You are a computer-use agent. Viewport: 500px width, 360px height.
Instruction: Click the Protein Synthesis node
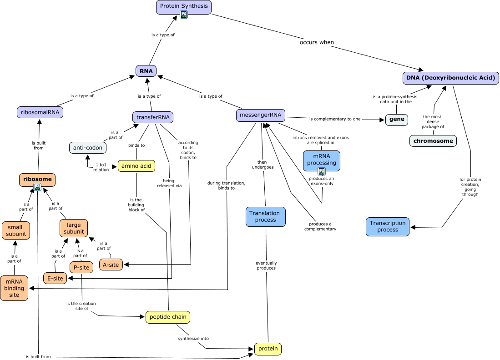pyautogui.click(x=184, y=6)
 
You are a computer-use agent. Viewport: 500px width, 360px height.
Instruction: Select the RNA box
pyautogui.click(x=146, y=71)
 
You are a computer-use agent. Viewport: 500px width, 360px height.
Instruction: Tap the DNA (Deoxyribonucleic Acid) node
pyautogui.click(x=451, y=78)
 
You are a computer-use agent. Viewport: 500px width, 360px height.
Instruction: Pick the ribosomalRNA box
pyautogui.click(x=40, y=112)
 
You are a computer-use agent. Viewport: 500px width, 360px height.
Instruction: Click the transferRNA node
pyautogui.click(x=153, y=117)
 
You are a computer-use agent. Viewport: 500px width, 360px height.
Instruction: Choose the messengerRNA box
pyautogui.click(x=261, y=115)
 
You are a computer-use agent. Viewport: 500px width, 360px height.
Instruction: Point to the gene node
pyautogui.click(x=397, y=120)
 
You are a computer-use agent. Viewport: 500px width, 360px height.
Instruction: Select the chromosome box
pyautogui.click(x=433, y=141)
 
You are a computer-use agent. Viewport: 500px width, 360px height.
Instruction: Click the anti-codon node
pyautogui.click(x=88, y=147)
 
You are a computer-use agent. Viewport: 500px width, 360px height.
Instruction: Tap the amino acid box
pyautogui.click(x=136, y=166)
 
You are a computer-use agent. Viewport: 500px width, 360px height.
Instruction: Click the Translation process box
pyautogui.click(x=266, y=217)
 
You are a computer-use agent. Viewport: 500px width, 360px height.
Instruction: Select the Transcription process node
pyautogui.click(x=388, y=226)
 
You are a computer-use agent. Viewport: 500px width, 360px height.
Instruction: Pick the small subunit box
pyautogui.click(x=16, y=230)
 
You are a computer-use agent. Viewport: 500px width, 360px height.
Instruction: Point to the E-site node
pyautogui.click(x=55, y=278)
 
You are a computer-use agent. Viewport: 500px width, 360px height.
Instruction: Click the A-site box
pyautogui.click(x=111, y=265)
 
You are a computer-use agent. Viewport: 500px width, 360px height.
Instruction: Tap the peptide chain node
pyautogui.click(x=167, y=317)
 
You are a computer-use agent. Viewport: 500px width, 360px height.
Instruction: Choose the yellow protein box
pyautogui.click(x=268, y=349)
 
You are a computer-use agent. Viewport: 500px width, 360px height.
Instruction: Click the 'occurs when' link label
pyautogui.click(x=317, y=42)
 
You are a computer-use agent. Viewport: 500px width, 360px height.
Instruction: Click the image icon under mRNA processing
pyautogui.click(x=322, y=171)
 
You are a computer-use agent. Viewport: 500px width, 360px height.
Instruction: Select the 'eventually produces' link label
pyautogui.click(x=266, y=265)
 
